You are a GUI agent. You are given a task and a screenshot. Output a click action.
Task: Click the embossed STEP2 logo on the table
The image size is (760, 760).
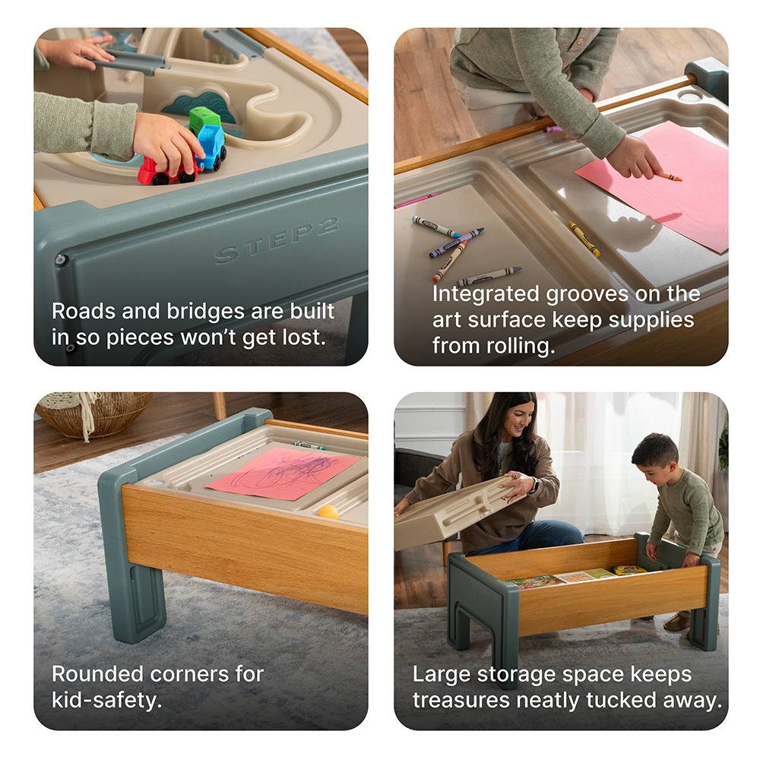275,241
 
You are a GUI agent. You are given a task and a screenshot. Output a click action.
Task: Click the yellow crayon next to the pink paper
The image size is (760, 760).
584,239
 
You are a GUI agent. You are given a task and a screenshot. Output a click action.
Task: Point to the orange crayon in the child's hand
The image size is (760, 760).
669,177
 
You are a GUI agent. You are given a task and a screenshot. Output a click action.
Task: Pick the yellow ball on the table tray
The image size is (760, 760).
328,512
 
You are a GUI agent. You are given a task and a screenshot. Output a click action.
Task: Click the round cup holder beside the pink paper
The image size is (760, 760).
690,97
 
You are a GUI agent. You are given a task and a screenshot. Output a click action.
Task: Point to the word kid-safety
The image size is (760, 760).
106,699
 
